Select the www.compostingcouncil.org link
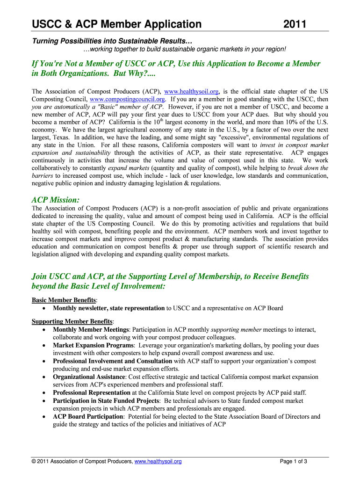127,100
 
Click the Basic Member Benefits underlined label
64,300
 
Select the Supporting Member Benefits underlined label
72,321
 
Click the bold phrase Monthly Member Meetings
91,330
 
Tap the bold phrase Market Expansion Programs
94,345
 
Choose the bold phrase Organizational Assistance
89,377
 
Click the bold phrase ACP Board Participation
88,416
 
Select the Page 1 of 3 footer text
294,462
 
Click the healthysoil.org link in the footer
158,462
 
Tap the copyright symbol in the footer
34,462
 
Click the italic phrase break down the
308,168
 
